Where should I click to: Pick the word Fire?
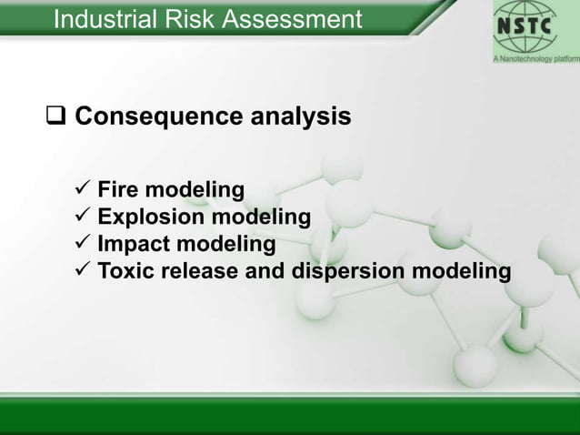120,190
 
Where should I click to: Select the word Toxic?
125,271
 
